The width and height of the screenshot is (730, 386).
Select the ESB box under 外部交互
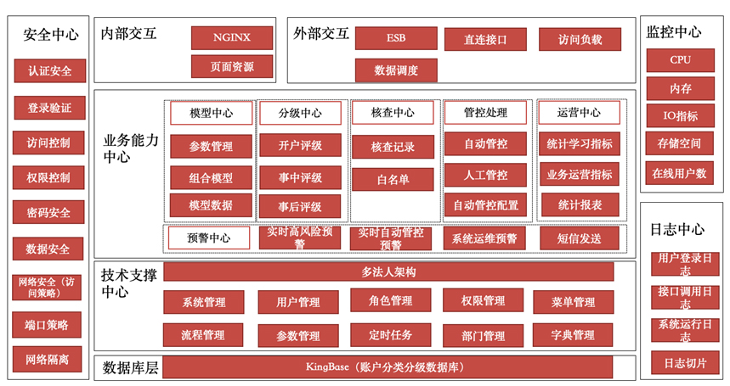click(396, 38)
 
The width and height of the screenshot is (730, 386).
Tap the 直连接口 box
click(485, 39)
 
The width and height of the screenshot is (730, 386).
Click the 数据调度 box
click(396, 70)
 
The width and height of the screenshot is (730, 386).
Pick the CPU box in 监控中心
click(681, 60)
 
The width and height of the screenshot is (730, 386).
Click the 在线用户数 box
click(681, 174)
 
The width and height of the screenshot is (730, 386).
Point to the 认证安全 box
click(48, 70)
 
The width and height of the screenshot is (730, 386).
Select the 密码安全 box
click(48, 212)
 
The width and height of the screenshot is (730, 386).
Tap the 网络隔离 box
click(48, 360)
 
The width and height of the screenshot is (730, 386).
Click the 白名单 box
click(393, 179)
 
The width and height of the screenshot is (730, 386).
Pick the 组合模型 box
click(212, 178)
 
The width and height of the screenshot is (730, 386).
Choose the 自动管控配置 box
click(485, 204)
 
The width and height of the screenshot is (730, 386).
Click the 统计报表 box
click(580, 204)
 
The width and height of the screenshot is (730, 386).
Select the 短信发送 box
click(579, 238)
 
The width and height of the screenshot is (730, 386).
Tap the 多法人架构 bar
click(388, 271)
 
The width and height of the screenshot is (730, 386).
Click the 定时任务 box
click(392, 335)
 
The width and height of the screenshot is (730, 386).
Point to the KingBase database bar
click(388, 367)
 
